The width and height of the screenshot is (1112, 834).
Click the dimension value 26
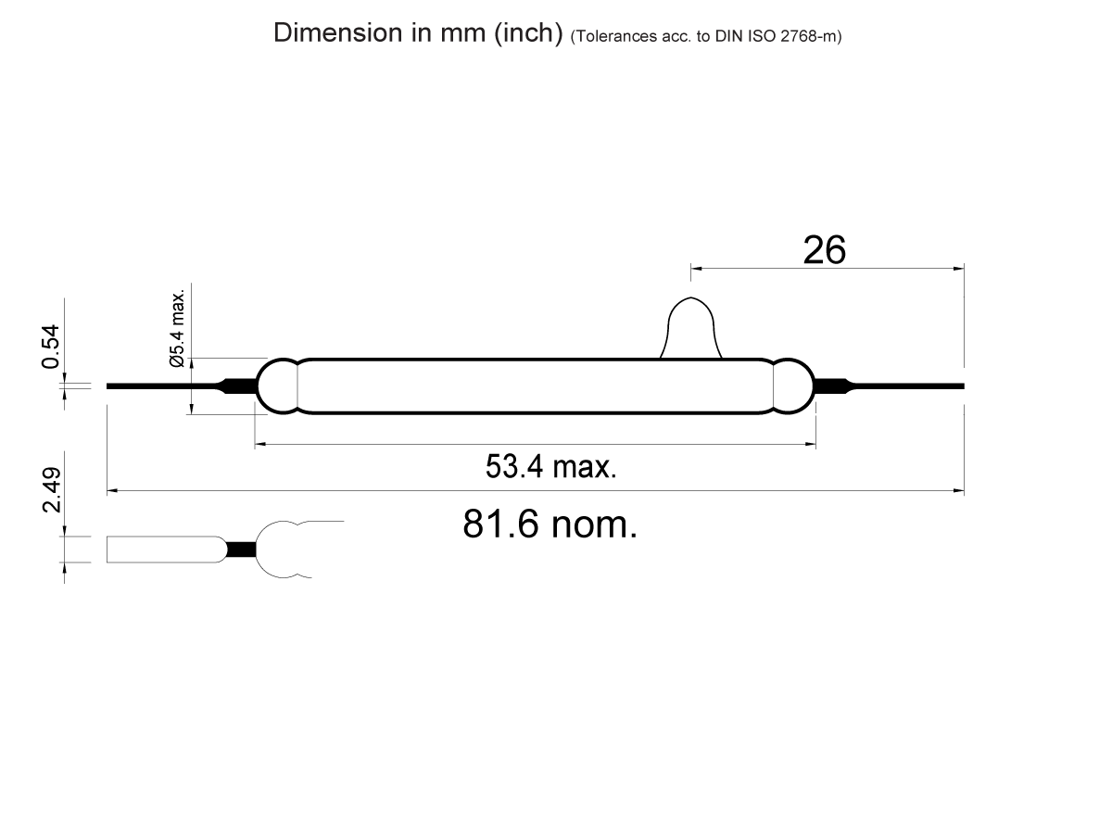[x=824, y=250]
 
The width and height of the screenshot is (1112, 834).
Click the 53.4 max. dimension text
[x=550, y=466]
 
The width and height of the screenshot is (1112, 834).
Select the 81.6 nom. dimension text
[x=550, y=525]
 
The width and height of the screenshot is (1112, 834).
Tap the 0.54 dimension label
[x=52, y=346]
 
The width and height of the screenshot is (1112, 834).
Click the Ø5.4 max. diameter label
[x=178, y=329]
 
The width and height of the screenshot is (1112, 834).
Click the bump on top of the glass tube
[x=690, y=329]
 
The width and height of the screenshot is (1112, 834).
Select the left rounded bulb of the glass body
[x=276, y=385]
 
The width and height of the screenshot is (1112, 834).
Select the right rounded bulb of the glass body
[x=793, y=385]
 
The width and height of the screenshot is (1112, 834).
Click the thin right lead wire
[x=908, y=385]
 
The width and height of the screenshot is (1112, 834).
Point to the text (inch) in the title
[x=528, y=33]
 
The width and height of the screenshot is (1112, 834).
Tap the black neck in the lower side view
[x=241, y=549]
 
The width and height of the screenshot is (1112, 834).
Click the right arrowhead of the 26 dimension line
[x=959, y=269]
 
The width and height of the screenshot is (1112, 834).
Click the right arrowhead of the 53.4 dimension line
[x=810, y=446]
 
